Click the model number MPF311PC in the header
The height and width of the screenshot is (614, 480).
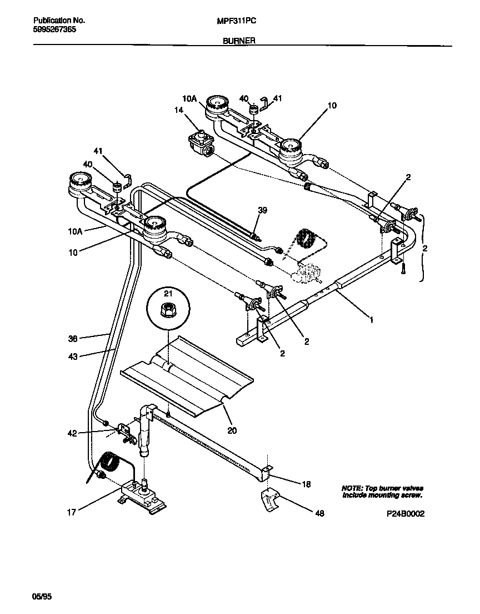[236, 20]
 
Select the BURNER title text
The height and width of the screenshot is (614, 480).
[239, 41]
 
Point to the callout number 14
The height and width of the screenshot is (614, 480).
[178, 111]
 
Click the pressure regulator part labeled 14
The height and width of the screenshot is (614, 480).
[200, 143]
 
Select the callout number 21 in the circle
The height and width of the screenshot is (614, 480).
[168, 293]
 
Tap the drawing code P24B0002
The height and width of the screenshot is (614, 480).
[406, 514]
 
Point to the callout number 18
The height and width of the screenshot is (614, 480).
[306, 484]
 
